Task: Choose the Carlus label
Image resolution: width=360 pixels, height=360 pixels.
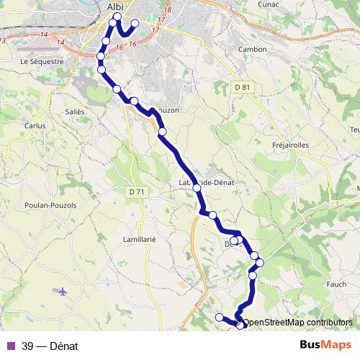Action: coord(35,125)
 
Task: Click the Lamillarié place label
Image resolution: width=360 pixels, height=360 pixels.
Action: coord(140,239)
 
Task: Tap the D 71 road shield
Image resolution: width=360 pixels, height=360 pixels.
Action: coord(135,192)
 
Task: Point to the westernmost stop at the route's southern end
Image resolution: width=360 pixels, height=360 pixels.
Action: coord(219,317)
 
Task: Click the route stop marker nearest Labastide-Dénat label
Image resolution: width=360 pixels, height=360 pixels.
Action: coord(197,187)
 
